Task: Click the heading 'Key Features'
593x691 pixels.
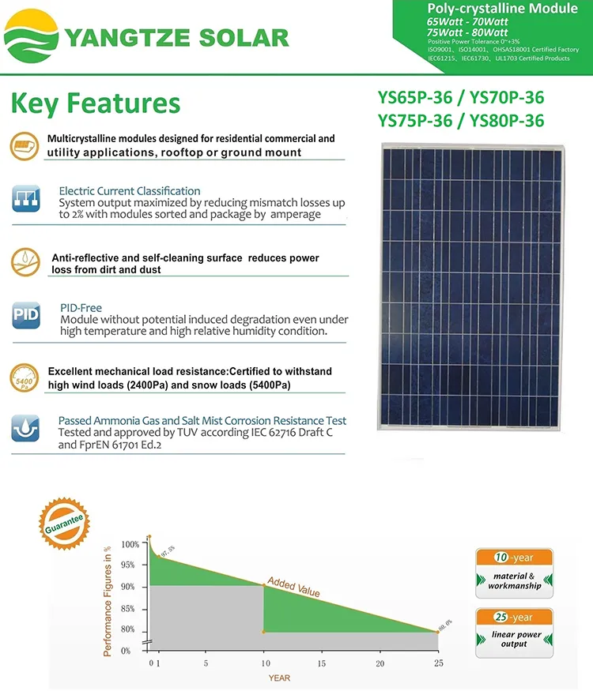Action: point(96,103)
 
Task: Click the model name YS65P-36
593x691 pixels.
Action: point(417,99)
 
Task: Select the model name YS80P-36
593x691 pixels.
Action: point(507,121)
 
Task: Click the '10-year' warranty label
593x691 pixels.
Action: point(514,557)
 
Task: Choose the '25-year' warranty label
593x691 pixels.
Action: point(514,617)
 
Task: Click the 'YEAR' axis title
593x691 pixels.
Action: point(278,678)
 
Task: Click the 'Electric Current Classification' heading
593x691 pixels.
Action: point(130,191)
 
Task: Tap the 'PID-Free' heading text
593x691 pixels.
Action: point(81,307)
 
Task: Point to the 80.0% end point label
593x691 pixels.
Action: point(445,625)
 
